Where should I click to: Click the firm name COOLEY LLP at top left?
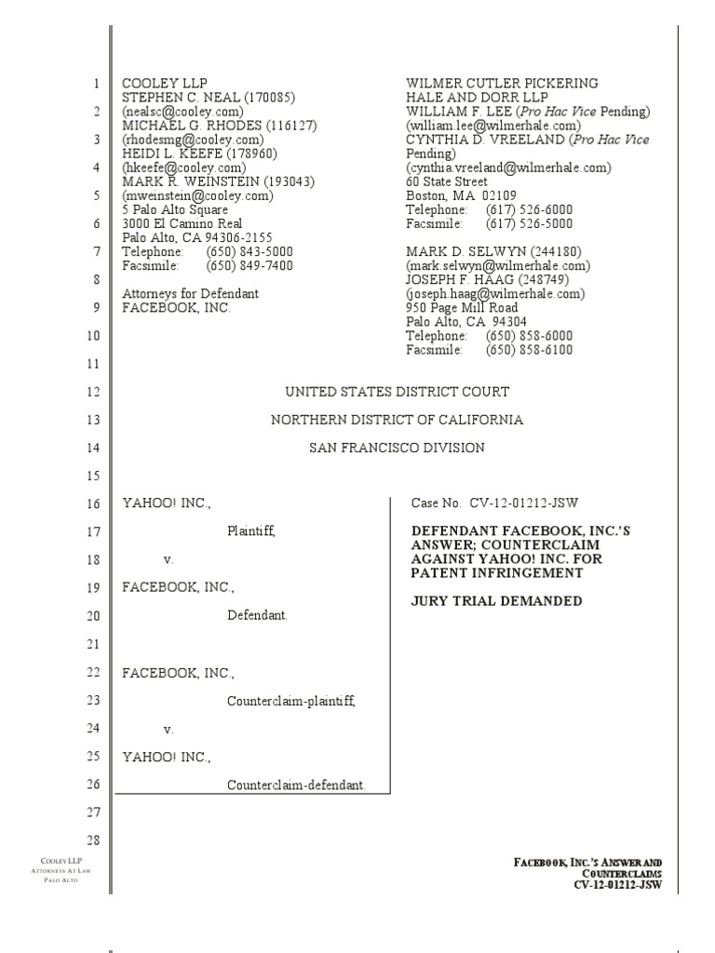pyautogui.click(x=156, y=84)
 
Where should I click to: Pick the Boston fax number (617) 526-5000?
pyautogui.click(x=530, y=223)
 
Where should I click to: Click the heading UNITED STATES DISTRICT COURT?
pyautogui.click(x=397, y=392)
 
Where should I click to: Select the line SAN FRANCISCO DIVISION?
pyautogui.click(x=397, y=448)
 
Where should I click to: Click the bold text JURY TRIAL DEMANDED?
pyautogui.click(x=497, y=601)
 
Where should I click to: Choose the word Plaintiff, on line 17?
pyautogui.click(x=251, y=531)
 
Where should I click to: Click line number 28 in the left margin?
pyautogui.click(x=92, y=841)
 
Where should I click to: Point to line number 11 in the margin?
pyautogui.click(x=92, y=364)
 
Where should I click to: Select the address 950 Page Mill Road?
pyautogui.click(x=462, y=307)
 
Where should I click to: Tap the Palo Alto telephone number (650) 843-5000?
pyautogui.click(x=250, y=251)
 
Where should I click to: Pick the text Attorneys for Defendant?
pyautogui.click(x=191, y=293)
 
